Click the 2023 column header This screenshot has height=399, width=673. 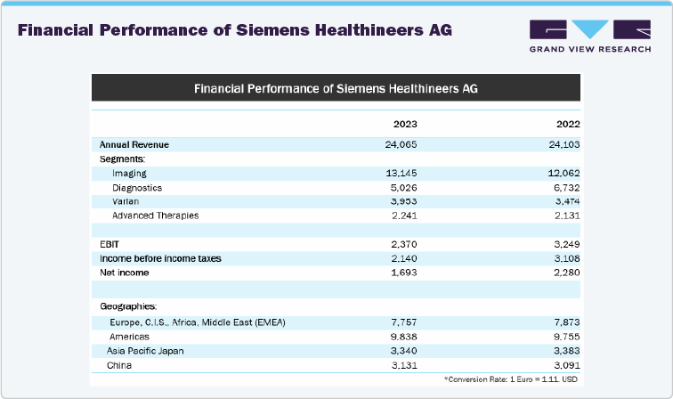point(405,124)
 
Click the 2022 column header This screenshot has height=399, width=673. point(567,124)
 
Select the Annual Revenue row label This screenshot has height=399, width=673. point(134,144)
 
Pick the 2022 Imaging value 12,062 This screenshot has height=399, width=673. point(563,173)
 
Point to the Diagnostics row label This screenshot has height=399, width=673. point(137,187)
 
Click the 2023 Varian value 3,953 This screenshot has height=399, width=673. point(403,201)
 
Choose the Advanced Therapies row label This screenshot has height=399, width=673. point(155,216)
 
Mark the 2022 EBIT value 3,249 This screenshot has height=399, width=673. point(565,244)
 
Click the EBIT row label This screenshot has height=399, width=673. point(109,244)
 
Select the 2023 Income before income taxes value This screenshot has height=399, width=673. point(403,258)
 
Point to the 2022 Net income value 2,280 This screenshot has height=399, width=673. point(565,273)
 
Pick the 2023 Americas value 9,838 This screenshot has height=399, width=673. point(403,337)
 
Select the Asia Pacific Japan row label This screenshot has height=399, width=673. point(145,351)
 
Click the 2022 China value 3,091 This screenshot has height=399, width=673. point(565,365)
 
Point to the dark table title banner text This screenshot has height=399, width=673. point(336,89)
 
